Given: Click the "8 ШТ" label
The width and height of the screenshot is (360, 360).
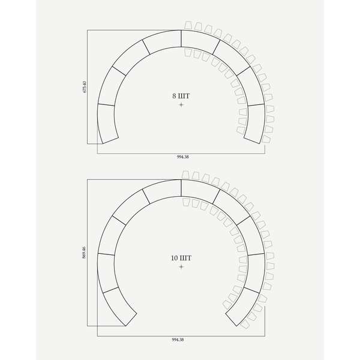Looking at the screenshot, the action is (181, 96).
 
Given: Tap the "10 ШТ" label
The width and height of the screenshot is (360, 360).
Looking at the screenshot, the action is (181, 258).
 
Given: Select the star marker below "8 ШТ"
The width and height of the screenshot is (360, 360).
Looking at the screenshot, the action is (181, 105).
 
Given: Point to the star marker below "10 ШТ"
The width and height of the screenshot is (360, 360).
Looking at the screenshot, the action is (181, 267).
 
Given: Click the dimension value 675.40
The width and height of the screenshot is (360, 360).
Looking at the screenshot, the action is (85, 87).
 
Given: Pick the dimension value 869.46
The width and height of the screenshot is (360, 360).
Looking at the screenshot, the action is (84, 253).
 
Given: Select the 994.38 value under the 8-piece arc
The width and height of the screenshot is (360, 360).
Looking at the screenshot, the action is (183, 157).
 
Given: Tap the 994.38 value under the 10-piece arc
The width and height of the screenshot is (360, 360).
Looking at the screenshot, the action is (178, 340).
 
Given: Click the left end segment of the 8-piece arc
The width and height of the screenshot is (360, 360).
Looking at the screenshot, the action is (107, 123).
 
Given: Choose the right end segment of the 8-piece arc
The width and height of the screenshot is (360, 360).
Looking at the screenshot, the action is (256, 123).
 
